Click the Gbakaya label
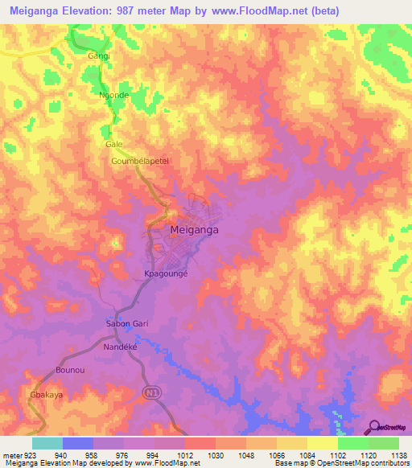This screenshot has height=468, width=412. tap(46, 396)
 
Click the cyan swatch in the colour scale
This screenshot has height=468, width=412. tap(47, 443)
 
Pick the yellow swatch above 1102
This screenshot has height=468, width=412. tap(322, 443)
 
